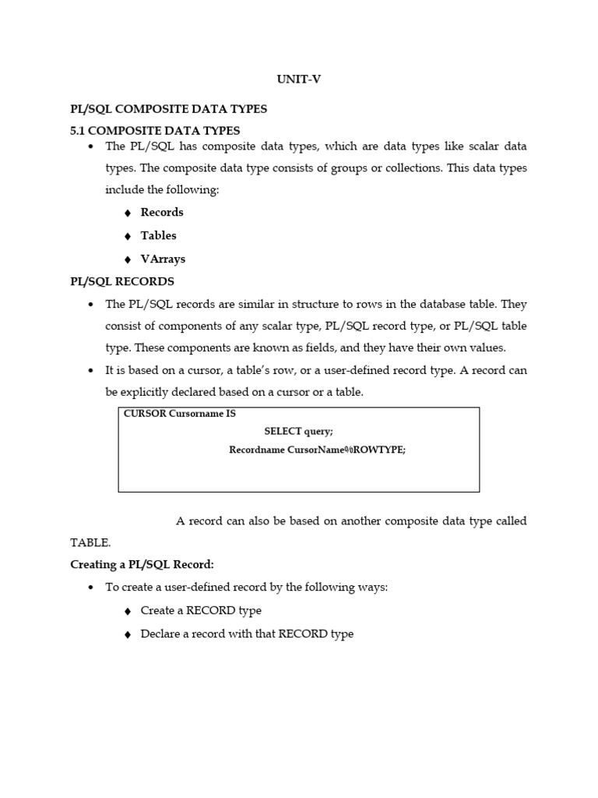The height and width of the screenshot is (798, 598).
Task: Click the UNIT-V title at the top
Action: (x=298, y=79)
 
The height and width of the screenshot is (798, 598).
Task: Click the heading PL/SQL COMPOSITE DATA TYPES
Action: (x=169, y=109)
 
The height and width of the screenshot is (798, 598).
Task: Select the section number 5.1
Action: (x=81, y=130)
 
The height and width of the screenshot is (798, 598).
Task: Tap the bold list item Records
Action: (x=162, y=212)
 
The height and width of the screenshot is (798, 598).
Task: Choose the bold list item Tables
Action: (x=158, y=235)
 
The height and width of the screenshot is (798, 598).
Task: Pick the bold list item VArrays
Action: (x=163, y=259)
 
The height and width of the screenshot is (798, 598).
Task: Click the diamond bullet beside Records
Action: (x=128, y=213)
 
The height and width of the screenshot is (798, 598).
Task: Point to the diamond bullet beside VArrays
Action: (x=128, y=260)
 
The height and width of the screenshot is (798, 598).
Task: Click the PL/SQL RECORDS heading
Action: (x=122, y=281)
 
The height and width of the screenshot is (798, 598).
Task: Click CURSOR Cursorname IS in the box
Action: (x=180, y=414)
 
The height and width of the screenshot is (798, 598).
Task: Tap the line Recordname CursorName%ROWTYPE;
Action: (x=317, y=450)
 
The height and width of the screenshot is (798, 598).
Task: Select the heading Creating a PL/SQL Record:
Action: (x=142, y=563)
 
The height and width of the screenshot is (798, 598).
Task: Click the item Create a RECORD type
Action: (x=201, y=610)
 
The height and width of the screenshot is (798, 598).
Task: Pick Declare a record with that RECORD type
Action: (x=247, y=634)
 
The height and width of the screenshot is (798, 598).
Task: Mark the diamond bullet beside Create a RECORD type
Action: (x=128, y=611)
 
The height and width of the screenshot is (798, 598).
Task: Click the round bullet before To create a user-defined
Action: (x=92, y=588)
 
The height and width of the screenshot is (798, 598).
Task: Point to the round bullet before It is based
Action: (x=92, y=371)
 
